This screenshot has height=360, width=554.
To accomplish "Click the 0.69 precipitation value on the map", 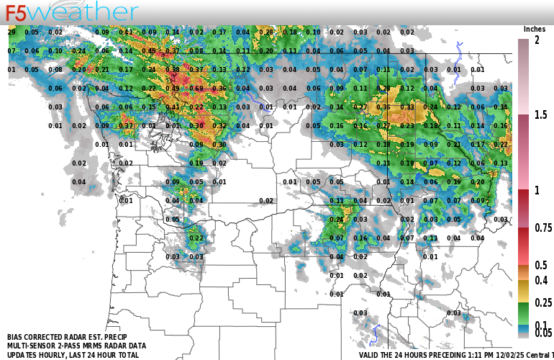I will click(196, 89).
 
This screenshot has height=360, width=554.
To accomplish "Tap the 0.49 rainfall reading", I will click(173, 89).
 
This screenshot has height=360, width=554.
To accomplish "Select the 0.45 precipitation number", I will click(149, 51).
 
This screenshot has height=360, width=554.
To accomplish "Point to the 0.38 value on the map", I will click(173, 70).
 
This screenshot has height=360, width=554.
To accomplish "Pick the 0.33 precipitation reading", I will click(407, 107).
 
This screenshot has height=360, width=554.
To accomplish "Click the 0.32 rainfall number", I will click(219, 126).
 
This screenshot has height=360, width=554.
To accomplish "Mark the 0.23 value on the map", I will click(407, 126).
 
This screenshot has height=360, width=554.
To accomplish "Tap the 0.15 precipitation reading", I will click(149, 107).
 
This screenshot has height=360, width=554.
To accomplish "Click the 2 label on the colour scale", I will click(537, 40).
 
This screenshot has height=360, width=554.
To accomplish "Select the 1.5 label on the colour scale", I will click(540, 114).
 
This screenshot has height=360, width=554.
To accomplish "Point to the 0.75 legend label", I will click(543, 228).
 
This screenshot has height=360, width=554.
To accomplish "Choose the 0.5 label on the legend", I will click(540, 266).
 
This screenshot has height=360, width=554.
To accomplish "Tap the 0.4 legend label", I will click(540, 280).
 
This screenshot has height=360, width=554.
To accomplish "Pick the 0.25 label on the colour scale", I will click(543, 303).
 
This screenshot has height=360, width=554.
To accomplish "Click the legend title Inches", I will click(535, 29).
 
